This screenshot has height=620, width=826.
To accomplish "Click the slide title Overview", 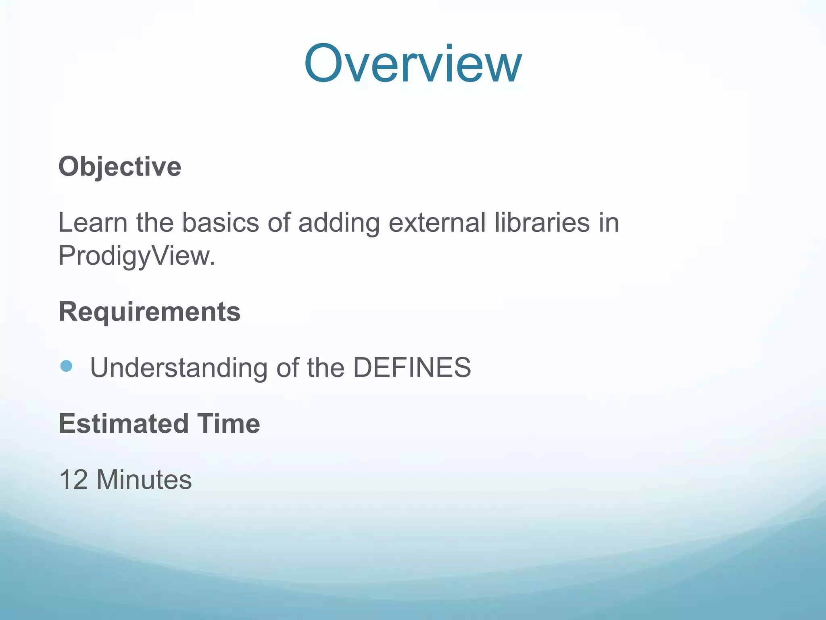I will pos(413,64).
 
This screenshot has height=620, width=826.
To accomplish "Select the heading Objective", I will pos(120,167).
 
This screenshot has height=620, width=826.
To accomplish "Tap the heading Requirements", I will pos(150,312).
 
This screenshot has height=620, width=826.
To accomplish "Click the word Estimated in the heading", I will pos(123,424).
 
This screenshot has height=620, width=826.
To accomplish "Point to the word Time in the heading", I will pos(228,424).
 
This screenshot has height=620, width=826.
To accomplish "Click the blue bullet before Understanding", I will pos(66,366).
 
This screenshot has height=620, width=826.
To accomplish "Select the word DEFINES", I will pos(412,368).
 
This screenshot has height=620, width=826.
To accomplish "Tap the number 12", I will pos(73,480).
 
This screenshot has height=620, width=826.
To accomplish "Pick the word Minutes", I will pos(144,480).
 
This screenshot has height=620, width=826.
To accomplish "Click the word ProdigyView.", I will pos(136,256).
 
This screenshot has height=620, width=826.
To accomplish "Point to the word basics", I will pos(220,222).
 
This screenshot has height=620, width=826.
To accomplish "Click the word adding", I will pos(339,223).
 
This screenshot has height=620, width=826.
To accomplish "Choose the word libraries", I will pos(542,222).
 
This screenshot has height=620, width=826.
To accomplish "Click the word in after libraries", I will pos(609,222).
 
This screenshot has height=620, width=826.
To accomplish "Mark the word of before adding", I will pos(279,222).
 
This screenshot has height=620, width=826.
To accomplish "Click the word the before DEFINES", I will pos(326,368).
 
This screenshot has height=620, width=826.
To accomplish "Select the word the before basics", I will pos(155,222).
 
